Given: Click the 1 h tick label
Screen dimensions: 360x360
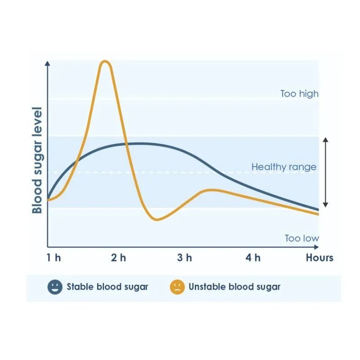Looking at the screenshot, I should (53, 258).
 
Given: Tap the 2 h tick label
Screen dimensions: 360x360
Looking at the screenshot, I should (119, 258).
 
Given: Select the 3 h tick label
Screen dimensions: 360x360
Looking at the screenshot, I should (184, 258).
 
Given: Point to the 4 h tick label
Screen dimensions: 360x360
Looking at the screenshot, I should (253, 258).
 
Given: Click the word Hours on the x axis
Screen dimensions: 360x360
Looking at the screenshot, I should (319, 258).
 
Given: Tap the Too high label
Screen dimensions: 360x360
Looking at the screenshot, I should (299, 94).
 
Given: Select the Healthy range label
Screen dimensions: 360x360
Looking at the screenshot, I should (284, 167).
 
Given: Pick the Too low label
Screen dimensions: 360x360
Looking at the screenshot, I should (301, 238).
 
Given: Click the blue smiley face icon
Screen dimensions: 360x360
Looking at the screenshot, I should (55, 287).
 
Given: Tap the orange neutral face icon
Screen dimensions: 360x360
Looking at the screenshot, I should (177, 287).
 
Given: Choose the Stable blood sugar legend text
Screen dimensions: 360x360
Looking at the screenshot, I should (107, 287).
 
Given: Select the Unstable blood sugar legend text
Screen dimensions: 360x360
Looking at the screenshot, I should (234, 287).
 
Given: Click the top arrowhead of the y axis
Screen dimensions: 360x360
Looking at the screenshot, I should (48, 62).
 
